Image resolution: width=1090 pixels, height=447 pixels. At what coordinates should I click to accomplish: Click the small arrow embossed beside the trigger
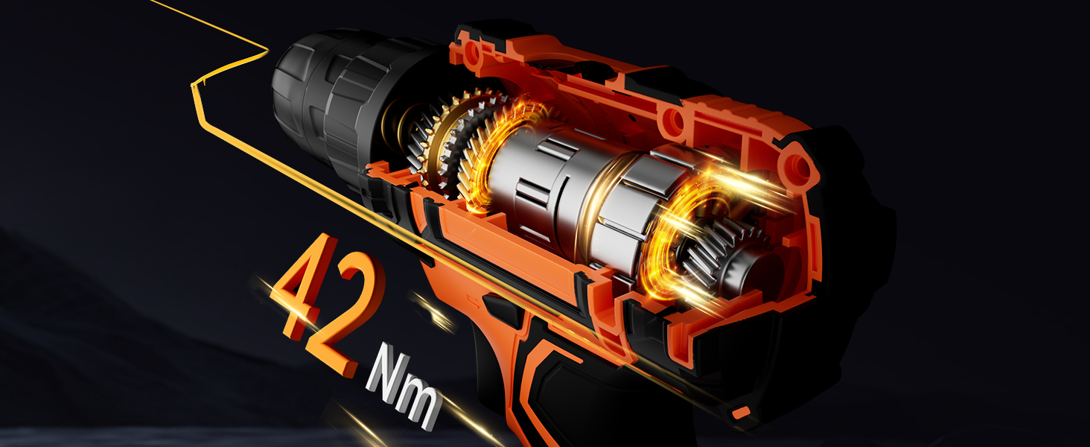pyautogui.click(x=471, y=297)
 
